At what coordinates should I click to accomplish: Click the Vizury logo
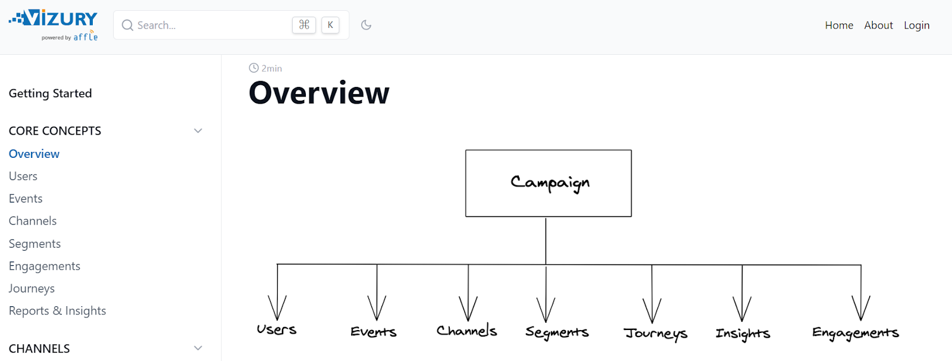coord(54,24)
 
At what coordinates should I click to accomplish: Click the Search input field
coord(208,25)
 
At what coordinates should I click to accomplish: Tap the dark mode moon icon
coord(366,25)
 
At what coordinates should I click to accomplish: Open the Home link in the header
coord(839,25)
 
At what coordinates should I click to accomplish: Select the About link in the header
coord(878,25)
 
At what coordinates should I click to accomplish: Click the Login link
coord(916,25)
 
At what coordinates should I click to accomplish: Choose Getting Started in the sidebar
coord(50,94)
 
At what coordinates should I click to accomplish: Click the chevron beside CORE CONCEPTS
coord(198,130)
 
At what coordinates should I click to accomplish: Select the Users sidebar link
coord(23,176)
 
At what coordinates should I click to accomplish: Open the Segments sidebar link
coord(35,244)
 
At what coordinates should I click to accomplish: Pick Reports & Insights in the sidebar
coord(57,311)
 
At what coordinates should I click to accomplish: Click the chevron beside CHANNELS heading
coord(198,348)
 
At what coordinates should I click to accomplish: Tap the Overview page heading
coord(319,93)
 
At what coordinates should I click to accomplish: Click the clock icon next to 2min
coord(254,68)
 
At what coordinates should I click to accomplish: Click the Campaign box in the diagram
coord(548,183)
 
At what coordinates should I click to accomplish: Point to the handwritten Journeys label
coord(655,333)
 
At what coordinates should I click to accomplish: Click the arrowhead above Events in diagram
coord(377,309)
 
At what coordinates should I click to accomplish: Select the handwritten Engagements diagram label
coord(855,333)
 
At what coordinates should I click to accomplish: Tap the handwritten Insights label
coord(743,333)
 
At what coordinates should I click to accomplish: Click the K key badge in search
coord(330,25)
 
